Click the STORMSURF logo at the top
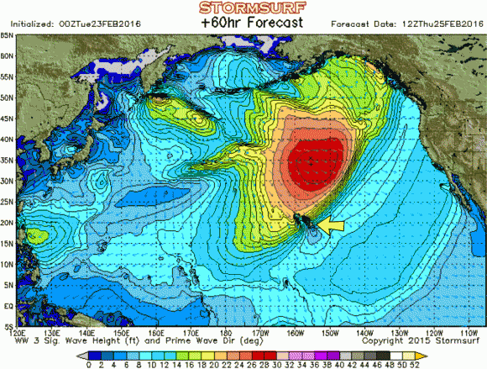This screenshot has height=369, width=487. pyautogui.click(x=243, y=8)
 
